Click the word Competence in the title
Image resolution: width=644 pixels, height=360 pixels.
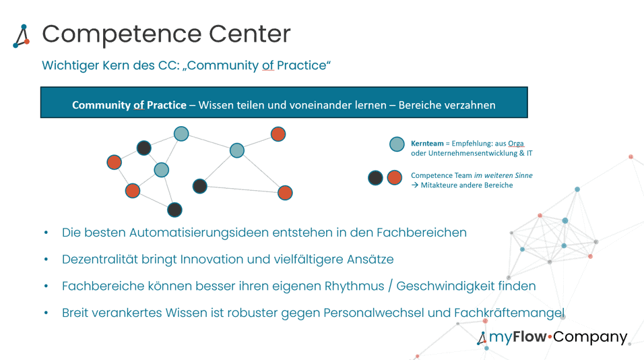(121, 34)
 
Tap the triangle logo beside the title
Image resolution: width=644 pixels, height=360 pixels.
(22, 36)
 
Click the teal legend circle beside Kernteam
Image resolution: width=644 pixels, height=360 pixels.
(397, 144)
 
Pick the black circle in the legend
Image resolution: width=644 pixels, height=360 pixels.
(375, 178)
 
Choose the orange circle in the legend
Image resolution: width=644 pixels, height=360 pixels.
(395, 178)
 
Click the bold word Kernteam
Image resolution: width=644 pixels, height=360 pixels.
(427, 144)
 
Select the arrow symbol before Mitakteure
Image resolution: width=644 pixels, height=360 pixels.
(415, 185)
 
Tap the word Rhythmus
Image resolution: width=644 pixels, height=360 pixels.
(354, 286)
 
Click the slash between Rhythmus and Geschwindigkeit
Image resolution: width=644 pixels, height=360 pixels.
(390, 286)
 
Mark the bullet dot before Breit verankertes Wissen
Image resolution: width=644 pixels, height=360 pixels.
(46, 313)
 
